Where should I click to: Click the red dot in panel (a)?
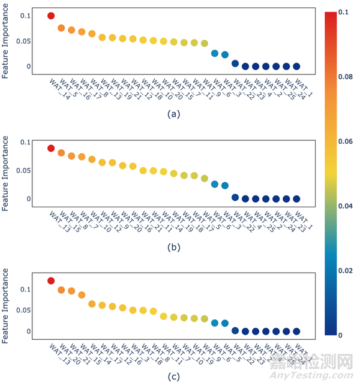click(x=51, y=16)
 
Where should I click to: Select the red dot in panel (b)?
click(x=51, y=148)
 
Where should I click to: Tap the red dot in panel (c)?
click(x=51, y=281)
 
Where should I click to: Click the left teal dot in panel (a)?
click(x=215, y=53)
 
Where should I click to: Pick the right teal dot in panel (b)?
click(x=225, y=185)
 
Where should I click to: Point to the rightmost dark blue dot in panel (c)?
click(x=296, y=331)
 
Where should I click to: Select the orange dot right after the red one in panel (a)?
click(x=61, y=28)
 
